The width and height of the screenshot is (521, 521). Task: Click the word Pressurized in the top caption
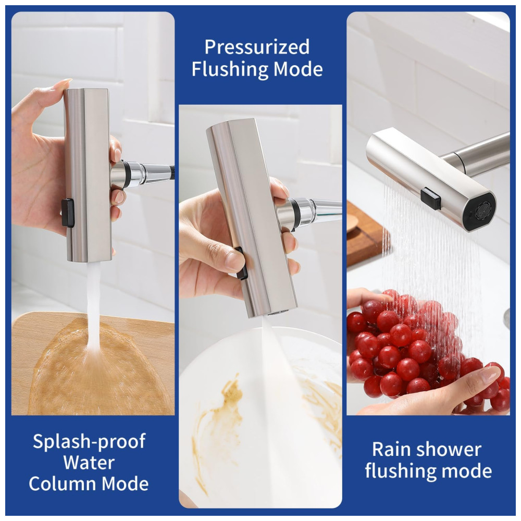257,47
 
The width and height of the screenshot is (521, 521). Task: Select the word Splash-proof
89,442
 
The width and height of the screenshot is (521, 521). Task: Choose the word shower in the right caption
449,450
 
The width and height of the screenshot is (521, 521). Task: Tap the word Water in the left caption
89,463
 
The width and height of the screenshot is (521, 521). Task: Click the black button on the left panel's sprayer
67,213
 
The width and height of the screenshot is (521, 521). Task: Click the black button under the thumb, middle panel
242,263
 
